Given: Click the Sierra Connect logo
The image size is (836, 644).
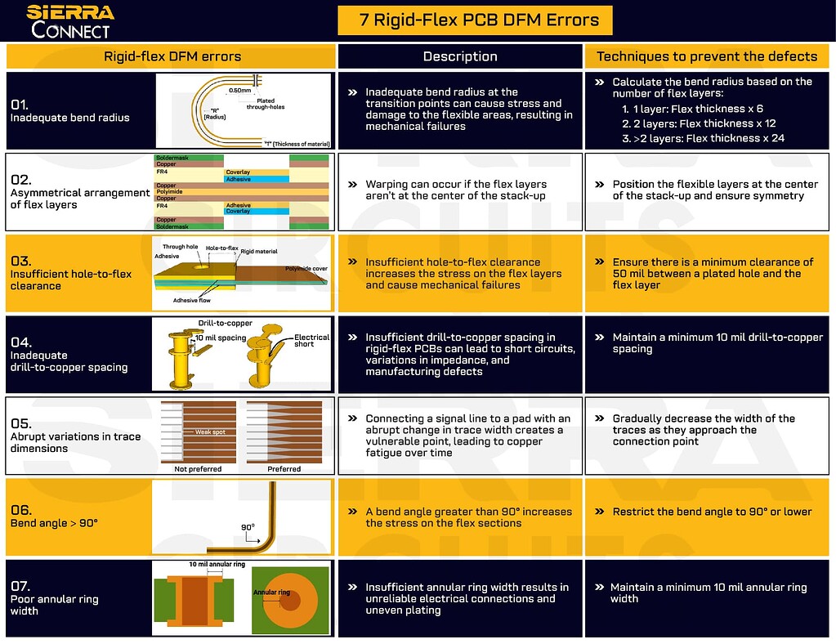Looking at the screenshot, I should (70, 21).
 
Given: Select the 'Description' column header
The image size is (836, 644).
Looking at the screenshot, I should (460, 56).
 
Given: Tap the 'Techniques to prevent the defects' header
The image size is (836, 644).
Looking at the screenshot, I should (707, 56).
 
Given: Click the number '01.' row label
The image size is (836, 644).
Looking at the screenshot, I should (20, 105).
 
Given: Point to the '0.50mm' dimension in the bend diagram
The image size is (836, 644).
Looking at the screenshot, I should (240, 91).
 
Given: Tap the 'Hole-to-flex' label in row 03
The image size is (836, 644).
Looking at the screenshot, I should (222, 248).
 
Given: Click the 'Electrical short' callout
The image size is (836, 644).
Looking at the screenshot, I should (311, 340).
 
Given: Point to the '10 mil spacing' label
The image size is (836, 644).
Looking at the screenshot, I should (221, 338).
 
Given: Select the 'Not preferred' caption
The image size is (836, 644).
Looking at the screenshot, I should (198, 469).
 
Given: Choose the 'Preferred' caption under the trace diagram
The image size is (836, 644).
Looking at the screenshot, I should (284, 469).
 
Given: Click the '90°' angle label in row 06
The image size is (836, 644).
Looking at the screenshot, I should (248, 527).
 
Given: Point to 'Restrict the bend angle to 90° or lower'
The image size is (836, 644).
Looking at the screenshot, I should (713, 512).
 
